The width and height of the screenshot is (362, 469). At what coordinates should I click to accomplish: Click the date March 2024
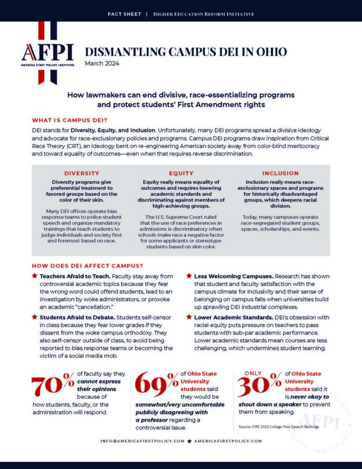[x=102, y=64]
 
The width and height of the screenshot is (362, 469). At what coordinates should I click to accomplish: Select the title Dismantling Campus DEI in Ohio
[x=185, y=52]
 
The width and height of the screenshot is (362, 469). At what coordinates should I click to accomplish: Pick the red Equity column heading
[x=180, y=173]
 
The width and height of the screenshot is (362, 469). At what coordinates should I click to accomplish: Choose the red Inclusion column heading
[x=280, y=173]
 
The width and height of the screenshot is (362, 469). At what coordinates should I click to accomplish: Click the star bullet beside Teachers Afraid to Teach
[x=34, y=275]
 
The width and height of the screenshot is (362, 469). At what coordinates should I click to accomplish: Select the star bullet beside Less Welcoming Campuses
[x=190, y=275]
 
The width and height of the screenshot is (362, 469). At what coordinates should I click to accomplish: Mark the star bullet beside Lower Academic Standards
[x=190, y=316]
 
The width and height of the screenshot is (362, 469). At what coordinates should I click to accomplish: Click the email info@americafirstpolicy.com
[x=143, y=441]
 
